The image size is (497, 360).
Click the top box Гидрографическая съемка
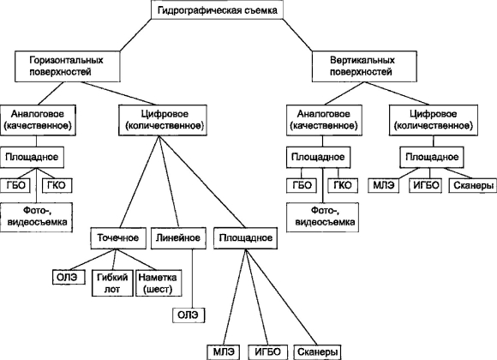(x=217, y=9)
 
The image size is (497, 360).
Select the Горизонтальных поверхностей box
(x=68, y=66)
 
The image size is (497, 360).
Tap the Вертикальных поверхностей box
(x=364, y=66)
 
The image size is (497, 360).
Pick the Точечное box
(x=118, y=238)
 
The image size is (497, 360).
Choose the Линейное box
(x=178, y=238)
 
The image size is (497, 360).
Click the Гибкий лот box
(x=112, y=283)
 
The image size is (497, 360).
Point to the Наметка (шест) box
(x=159, y=283)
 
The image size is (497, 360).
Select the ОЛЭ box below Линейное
(x=189, y=315)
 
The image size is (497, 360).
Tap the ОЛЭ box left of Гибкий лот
(x=69, y=277)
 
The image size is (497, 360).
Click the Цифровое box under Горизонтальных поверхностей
(x=163, y=120)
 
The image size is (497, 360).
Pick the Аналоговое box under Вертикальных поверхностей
(x=324, y=120)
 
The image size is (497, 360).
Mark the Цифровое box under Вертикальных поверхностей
(x=434, y=120)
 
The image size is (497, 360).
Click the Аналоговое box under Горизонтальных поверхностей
(x=38, y=120)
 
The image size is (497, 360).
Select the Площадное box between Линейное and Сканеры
(x=246, y=238)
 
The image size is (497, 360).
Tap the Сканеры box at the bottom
(x=318, y=352)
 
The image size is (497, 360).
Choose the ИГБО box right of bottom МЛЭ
(x=268, y=352)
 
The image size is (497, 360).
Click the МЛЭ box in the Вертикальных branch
(x=384, y=185)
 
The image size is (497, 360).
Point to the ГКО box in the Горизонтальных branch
(x=57, y=185)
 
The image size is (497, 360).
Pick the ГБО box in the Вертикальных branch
(x=302, y=185)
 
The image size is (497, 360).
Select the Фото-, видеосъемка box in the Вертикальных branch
(x=323, y=217)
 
